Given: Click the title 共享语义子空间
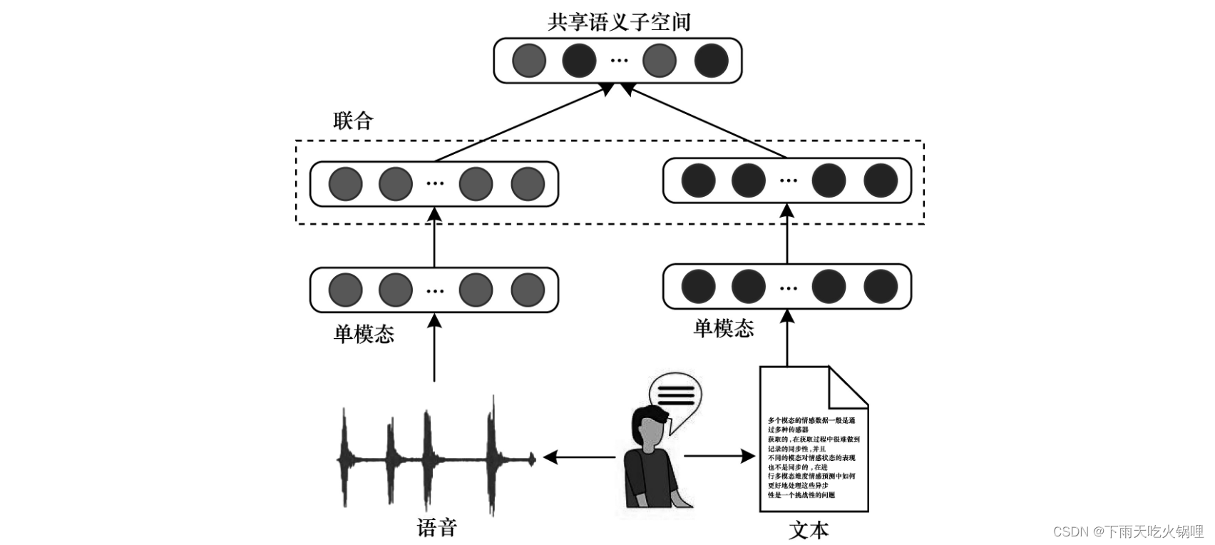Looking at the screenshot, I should [619, 22].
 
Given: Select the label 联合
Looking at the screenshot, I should [353, 121].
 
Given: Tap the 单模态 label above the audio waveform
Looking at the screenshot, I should [364, 334].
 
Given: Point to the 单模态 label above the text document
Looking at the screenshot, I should [724, 328].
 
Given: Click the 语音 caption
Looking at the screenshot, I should [436, 528].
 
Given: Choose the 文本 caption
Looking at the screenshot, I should [809, 530].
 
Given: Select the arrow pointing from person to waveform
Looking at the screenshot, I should [578, 457].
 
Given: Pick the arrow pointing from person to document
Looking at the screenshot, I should [719, 456].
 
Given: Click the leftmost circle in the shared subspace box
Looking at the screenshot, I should [529, 61].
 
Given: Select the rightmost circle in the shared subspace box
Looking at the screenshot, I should [712, 61].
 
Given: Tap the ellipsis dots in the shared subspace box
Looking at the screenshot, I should [619, 61].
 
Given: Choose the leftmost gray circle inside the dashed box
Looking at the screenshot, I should [345, 183].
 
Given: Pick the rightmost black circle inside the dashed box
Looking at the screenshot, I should [881, 180].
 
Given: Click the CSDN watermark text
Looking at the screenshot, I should [1128, 531].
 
